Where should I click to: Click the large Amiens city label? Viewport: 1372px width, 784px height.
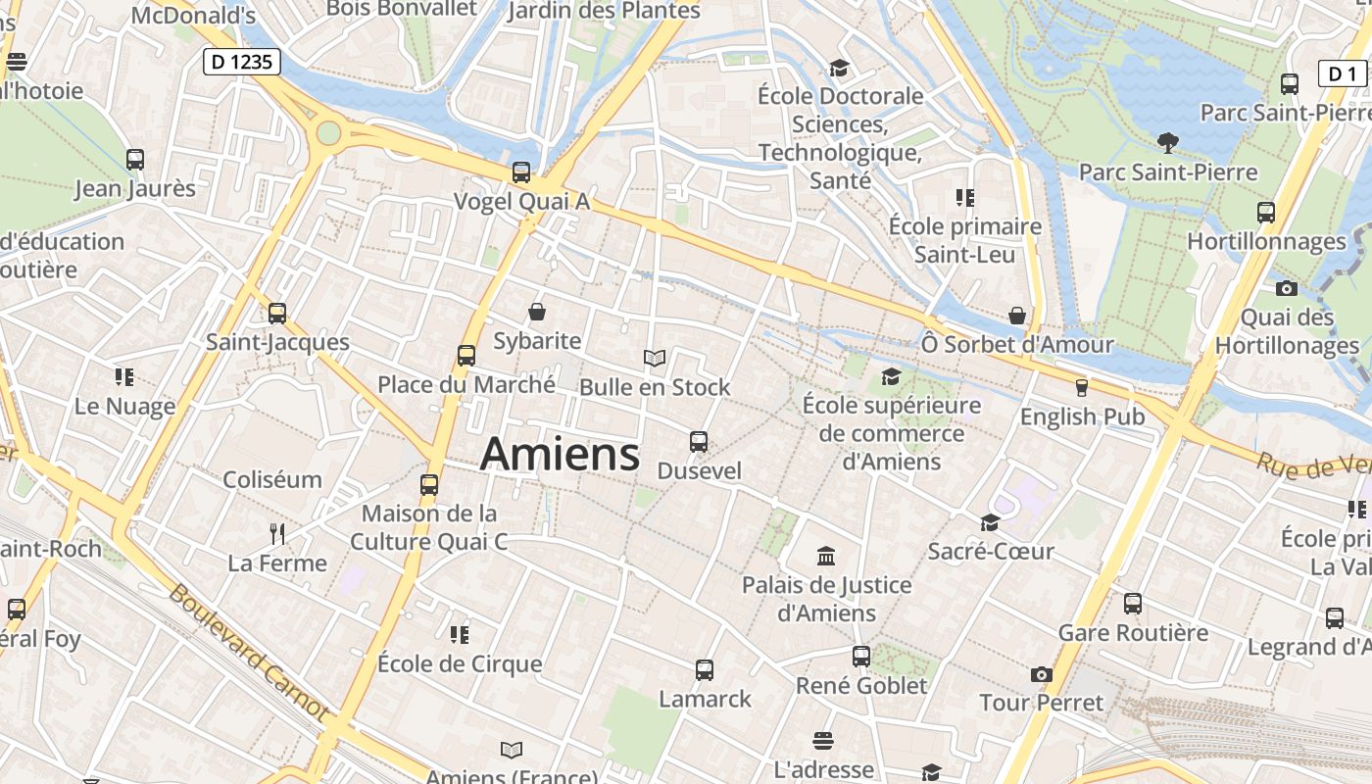click(x=561, y=454)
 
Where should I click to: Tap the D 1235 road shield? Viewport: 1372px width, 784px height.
click(x=242, y=63)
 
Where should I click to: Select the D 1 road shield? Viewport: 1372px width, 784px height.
click(x=1343, y=73)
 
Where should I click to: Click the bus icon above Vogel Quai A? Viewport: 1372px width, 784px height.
click(x=521, y=172)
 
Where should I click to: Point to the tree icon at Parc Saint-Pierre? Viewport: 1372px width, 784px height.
click(x=1167, y=143)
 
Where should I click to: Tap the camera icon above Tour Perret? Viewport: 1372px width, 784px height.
click(x=1041, y=674)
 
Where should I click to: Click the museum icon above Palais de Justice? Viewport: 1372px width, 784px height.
click(x=826, y=557)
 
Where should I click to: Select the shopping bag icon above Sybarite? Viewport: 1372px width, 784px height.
click(x=537, y=313)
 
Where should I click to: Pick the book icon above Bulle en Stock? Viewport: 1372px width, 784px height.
click(x=655, y=359)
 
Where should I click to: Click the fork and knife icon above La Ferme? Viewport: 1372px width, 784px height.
click(x=277, y=534)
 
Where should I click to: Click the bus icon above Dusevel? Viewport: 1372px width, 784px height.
click(x=699, y=442)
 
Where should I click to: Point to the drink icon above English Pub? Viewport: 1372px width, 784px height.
click(x=1082, y=388)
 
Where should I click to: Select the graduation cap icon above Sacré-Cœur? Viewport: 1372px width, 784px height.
click(x=990, y=523)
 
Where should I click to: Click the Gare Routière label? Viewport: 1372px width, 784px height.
click(x=1133, y=632)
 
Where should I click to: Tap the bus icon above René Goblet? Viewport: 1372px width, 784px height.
click(x=861, y=657)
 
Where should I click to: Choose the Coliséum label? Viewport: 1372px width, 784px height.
click(x=272, y=479)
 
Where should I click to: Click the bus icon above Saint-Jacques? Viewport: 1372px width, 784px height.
click(x=277, y=314)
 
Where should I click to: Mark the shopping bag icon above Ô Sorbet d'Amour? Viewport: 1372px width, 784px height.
click(x=1017, y=316)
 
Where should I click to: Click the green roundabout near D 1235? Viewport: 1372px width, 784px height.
click(x=328, y=132)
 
